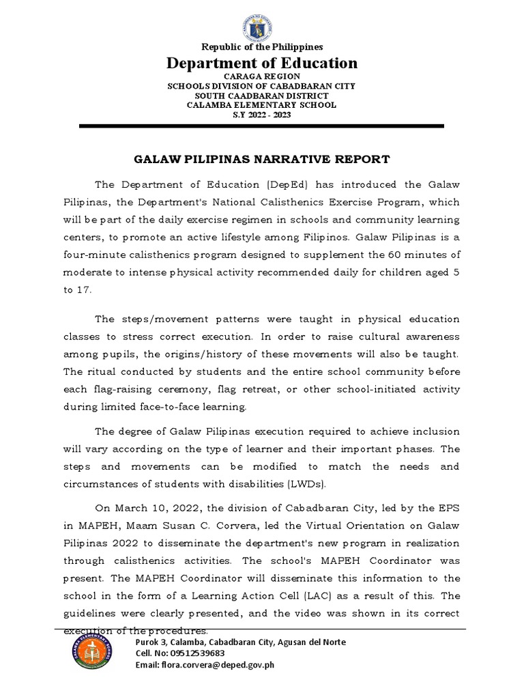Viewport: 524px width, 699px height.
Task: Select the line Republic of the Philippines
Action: click(x=261, y=46)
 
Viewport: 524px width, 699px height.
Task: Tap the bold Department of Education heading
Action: click(x=262, y=63)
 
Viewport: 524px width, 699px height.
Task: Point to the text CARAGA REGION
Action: click(x=262, y=78)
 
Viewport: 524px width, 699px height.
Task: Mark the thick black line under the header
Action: click(x=261, y=126)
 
